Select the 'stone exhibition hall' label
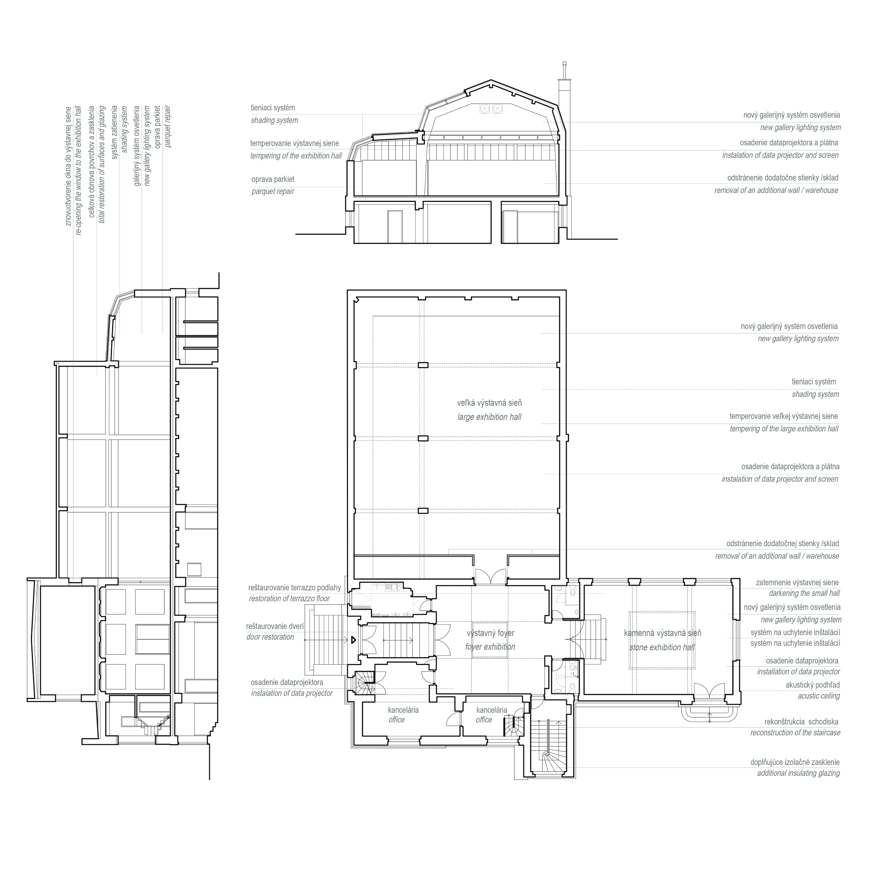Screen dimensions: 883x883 [662, 647]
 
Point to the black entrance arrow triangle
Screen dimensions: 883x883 [353, 640]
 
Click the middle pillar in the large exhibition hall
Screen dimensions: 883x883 [423, 438]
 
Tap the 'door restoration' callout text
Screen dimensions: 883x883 [270, 637]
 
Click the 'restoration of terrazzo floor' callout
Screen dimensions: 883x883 [289, 599]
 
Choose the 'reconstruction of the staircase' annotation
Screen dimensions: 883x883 [795, 733]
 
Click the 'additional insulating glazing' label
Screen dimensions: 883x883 [798, 773]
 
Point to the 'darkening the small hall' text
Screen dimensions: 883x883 [805, 593]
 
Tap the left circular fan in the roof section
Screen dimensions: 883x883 [484, 109]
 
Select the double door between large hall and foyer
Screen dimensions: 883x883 [490, 577]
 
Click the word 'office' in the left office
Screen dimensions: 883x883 [396, 720]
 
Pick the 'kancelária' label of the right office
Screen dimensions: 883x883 [492, 710]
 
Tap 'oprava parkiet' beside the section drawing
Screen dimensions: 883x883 [273, 179]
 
